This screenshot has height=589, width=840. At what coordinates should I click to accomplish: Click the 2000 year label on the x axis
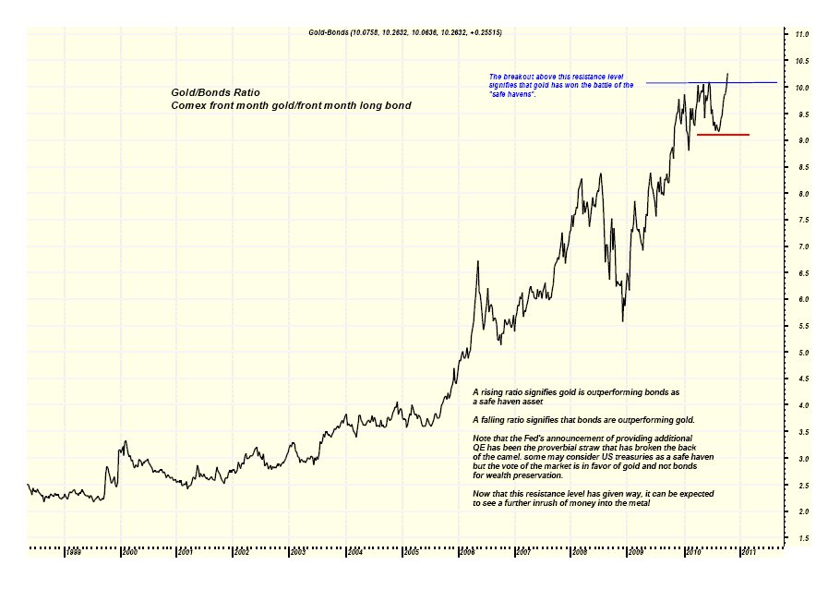(130, 552)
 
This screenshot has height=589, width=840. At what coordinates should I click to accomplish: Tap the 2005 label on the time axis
(411, 552)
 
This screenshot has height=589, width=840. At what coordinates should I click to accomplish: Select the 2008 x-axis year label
(579, 552)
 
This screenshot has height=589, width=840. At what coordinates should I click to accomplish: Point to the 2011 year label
(748, 552)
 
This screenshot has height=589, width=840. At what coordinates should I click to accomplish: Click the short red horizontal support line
(722, 135)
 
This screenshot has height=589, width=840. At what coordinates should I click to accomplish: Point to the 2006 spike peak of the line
(476, 262)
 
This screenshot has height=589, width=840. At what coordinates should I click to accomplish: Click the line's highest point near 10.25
(728, 74)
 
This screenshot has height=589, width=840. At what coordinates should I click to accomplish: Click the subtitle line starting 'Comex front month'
(291, 106)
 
